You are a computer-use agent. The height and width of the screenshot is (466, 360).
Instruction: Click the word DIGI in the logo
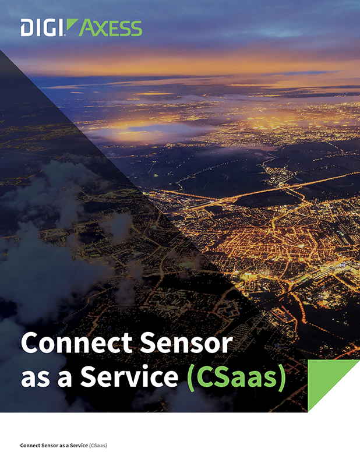(x=41, y=28)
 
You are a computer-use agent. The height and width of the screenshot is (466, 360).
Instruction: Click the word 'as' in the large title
(x=34, y=377)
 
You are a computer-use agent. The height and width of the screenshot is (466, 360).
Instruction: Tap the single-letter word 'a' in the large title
(x=65, y=377)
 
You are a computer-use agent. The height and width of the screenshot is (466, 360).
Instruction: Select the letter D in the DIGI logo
(x=26, y=28)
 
